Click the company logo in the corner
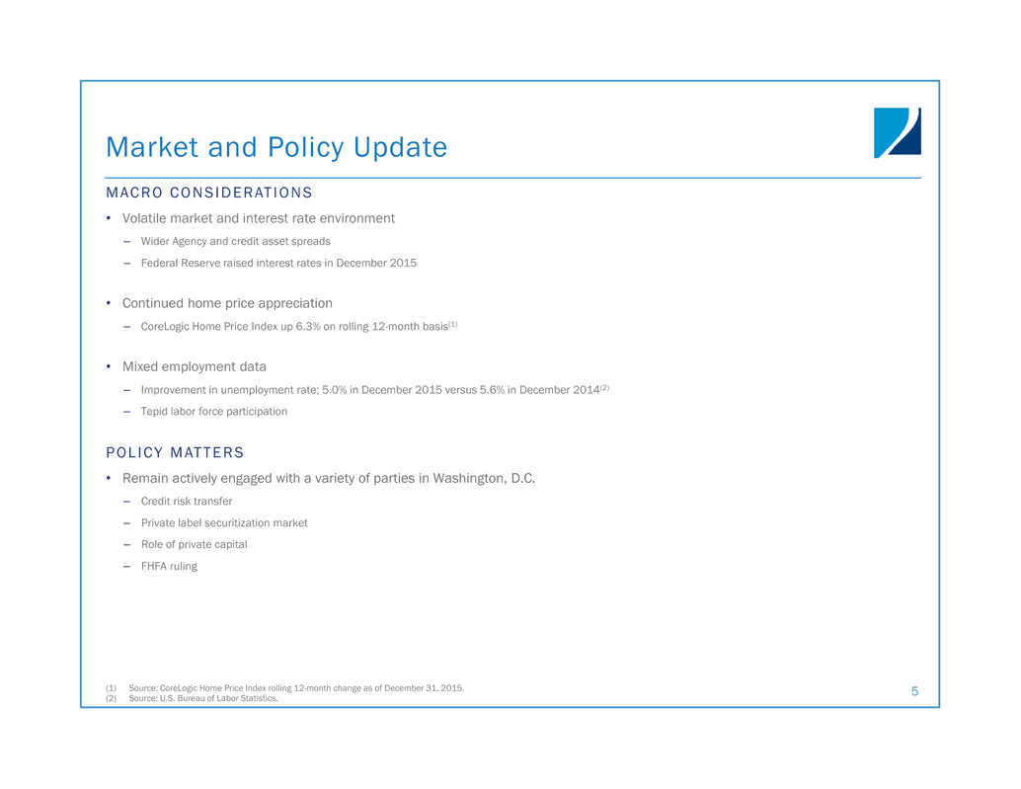click(x=898, y=132)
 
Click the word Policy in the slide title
click(x=306, y=148)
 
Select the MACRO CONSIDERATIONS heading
click(x=209, y=193)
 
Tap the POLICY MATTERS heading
click(x=175, y=452)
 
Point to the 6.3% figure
click(x=308, y=326)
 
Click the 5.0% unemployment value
click(x=335, y=390)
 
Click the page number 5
click(x=915, y=691)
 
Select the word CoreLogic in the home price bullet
click(x=165, y=327)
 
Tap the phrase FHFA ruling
click(x=169, y=567)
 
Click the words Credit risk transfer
click(x=187, y=502)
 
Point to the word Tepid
click(x=154, y=412)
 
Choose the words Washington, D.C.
click(x=484, y=479)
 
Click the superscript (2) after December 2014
click(x=605, y=387)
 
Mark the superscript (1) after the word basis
click(x=453, y=324)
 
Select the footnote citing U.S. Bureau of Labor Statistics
click(x=203, y=698)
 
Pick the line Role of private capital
click(x=195, y=545)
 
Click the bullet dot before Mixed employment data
click(x=109, y=366)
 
